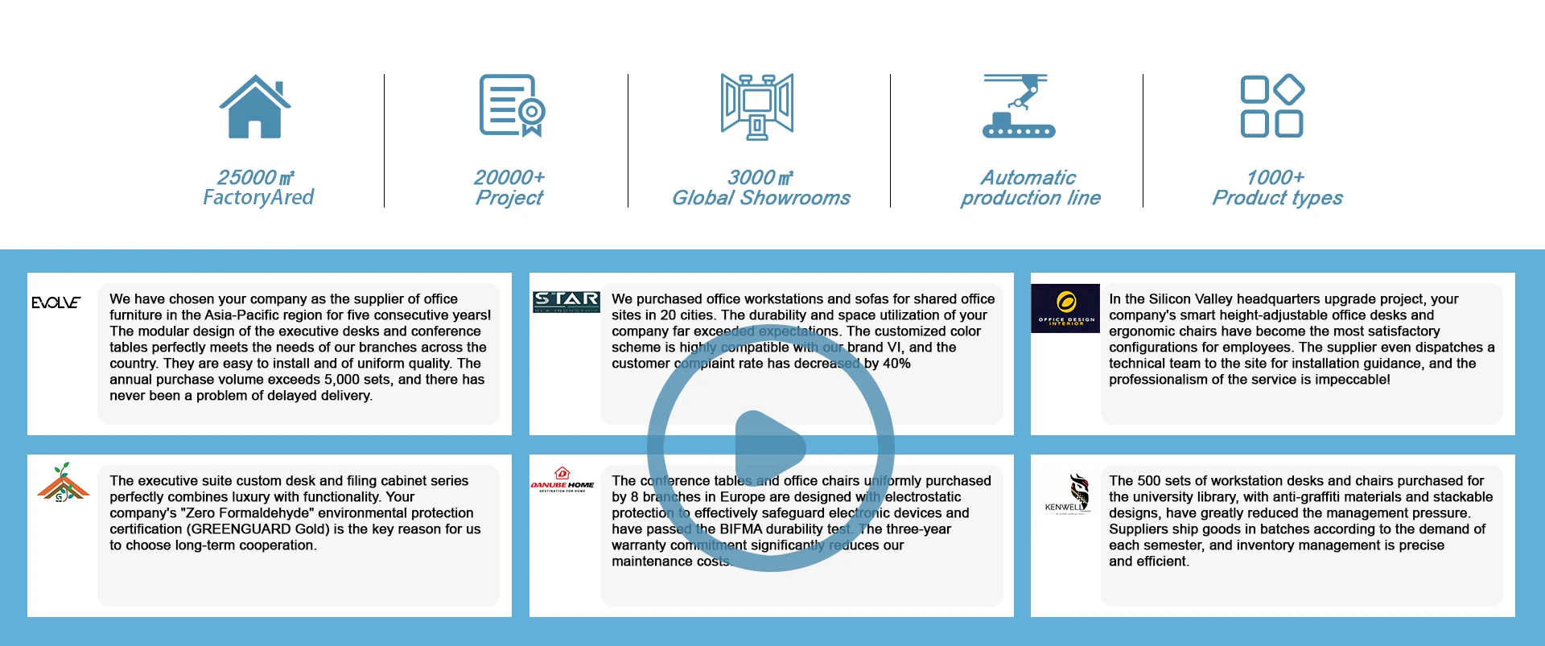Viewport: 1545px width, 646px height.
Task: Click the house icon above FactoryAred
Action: click(255, 106)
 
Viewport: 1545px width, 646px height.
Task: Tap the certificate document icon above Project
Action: click(512, 105)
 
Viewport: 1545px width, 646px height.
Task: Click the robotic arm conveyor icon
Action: click(1018, 106)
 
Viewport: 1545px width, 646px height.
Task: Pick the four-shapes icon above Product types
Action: click(1271, 106)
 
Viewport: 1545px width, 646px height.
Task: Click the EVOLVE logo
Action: click(56, 302)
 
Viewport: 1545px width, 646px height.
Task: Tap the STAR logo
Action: click(566, 302)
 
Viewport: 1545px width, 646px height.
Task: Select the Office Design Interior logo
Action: click(1065, 308)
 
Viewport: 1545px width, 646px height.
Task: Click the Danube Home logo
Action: click(562, 479)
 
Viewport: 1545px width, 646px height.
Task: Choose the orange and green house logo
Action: click(63, 483)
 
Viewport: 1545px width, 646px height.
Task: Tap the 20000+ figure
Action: click(509, 177)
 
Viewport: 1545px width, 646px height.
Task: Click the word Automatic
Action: click(1028, 177)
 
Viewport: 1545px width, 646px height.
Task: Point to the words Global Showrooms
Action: click(760, 198)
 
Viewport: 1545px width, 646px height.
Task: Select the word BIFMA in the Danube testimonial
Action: click(744, 529)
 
